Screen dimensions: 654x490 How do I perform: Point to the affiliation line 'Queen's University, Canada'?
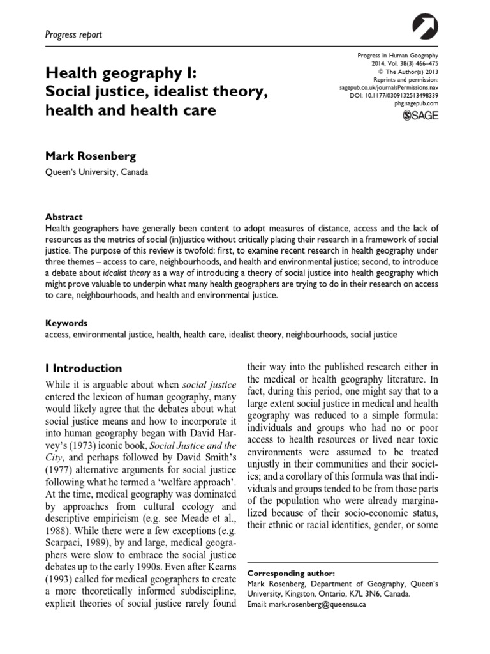(99, 171)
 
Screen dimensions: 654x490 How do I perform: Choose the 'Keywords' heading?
(67, 323)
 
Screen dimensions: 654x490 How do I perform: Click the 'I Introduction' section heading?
(84, 369)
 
